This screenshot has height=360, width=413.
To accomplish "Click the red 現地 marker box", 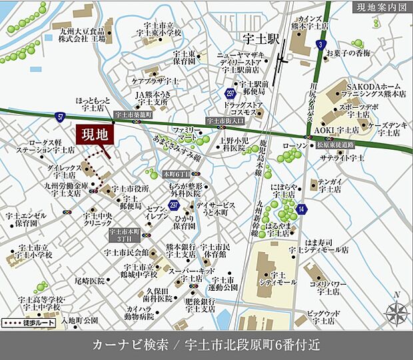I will (95, 134).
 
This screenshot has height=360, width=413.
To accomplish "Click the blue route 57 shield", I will (61, 116).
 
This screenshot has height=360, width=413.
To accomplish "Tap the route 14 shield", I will (302, 209).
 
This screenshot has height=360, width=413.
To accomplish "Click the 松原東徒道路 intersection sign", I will (336, 144).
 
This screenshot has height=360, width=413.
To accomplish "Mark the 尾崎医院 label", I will (90, 281).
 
